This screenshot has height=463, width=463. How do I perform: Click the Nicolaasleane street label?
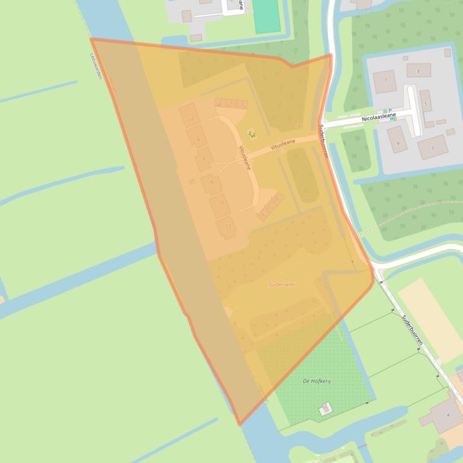point(379,117)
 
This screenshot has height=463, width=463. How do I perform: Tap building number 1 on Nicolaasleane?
point(385,81)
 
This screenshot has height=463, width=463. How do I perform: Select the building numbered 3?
point(418,70)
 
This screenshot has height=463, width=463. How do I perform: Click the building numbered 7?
point(432,147)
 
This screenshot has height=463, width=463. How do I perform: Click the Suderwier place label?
point(282,284)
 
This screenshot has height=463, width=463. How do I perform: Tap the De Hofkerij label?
point(317,381)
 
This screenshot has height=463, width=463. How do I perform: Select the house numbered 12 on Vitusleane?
point(227,226)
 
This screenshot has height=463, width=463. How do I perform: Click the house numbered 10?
point(220,204)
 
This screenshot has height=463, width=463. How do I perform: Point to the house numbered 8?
point(211,183)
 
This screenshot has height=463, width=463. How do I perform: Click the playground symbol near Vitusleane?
point(250,133)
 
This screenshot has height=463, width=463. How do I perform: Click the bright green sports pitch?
point(266,16)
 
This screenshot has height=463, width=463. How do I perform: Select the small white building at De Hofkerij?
point(325,409)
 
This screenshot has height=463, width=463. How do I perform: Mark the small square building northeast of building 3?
point(447,53)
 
